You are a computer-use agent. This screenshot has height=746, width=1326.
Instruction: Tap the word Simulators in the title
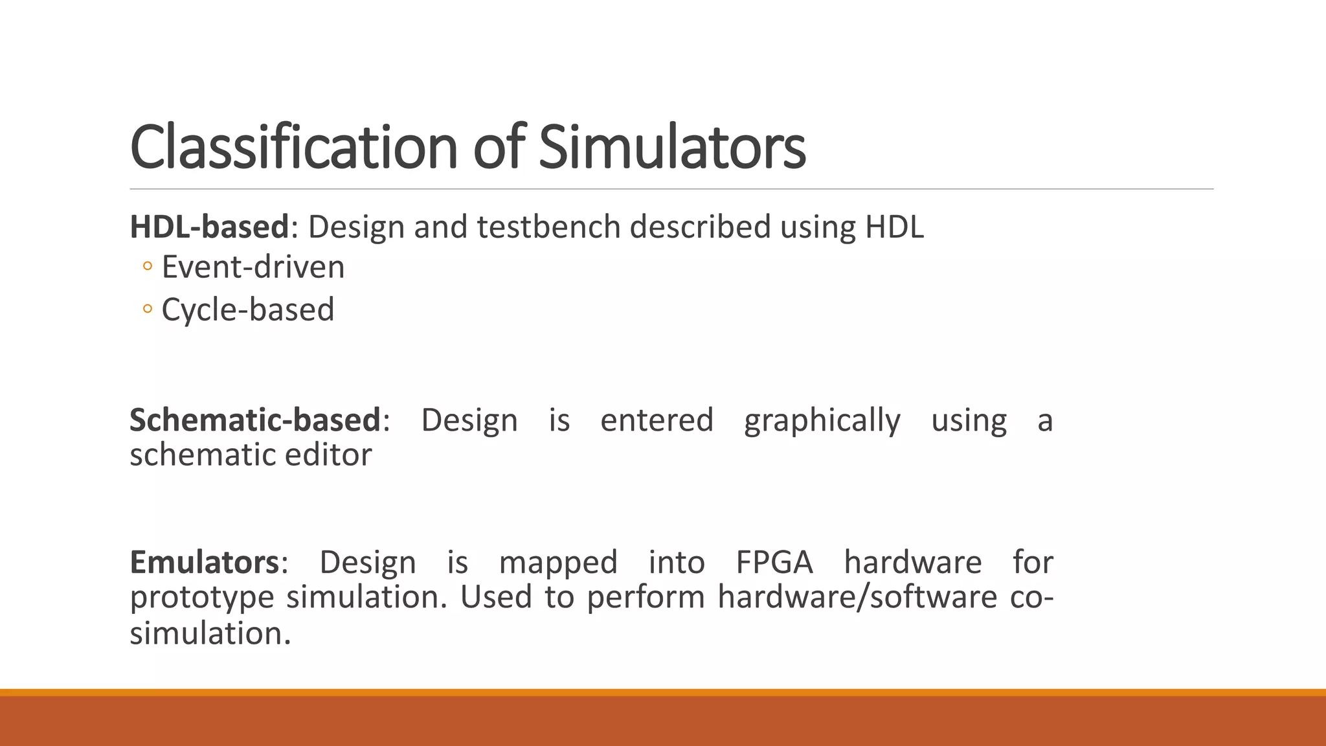coord(671,148)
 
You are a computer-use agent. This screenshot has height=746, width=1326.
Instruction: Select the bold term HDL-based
coord(209,227)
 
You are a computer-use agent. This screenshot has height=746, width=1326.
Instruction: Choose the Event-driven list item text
coord(253,267)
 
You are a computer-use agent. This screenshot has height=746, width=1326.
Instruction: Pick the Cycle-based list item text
coord(248,310)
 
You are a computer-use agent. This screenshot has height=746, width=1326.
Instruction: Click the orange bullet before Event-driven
coord(148,267)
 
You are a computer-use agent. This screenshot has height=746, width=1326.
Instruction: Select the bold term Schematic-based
coord(255,420)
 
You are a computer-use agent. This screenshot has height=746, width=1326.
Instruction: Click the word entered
coord(657,420)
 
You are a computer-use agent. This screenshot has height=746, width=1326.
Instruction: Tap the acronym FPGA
coord(774,562)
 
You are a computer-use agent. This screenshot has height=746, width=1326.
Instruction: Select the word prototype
coord(202,597)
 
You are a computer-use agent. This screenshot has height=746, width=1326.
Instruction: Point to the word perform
coord(646,597)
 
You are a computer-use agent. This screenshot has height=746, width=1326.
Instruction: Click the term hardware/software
coord(857,597)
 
